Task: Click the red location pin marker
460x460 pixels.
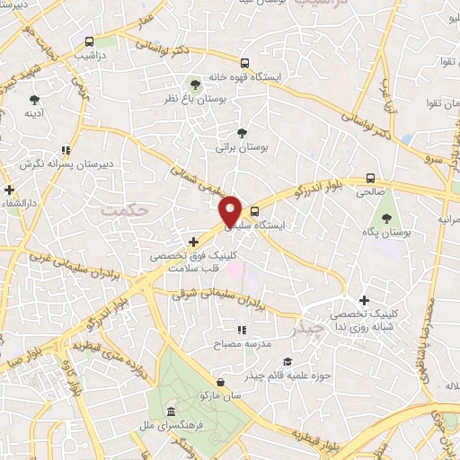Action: (231, 210)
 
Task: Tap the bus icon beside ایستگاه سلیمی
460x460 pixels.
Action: (255, 213)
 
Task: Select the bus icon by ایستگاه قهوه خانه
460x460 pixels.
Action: (244, 63)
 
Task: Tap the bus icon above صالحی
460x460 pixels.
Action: (370, 178)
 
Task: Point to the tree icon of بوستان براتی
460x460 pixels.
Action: (240, 131)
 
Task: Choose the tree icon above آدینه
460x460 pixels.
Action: (34, 100)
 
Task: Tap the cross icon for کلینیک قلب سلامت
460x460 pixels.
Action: (194, 241)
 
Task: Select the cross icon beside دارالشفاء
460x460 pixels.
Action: (9, 190)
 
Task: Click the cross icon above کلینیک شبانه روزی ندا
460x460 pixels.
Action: (364, 301)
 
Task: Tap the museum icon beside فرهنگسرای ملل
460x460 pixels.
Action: (170, 411)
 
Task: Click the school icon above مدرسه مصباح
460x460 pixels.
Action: (240, 331)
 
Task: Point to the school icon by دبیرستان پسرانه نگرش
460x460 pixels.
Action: (65, 150)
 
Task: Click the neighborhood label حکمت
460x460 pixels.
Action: (124, 209)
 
